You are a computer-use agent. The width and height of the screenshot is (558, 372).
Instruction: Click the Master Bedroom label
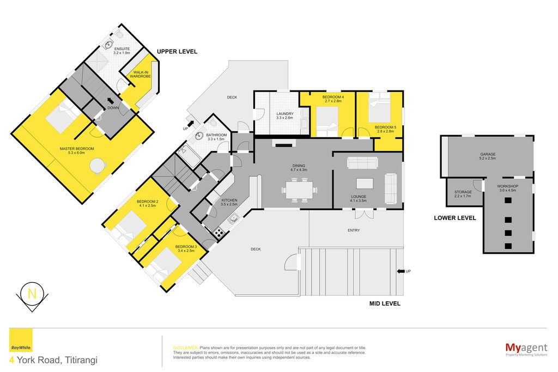[77, 150]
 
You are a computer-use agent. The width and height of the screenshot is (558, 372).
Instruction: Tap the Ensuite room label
[122, 51]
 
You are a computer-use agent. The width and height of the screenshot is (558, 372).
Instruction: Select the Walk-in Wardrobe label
[140, 74]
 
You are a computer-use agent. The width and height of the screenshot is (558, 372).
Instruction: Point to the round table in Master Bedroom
[98, 166]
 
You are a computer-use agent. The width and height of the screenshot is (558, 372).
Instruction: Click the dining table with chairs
[299, 190]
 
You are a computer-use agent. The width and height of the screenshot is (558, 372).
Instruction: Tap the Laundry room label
[284, 115]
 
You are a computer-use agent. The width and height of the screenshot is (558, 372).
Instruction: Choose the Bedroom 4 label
[333, 99]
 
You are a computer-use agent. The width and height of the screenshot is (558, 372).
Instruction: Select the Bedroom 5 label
[385, 129]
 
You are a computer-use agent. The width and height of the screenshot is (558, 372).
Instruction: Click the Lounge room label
[359, 198]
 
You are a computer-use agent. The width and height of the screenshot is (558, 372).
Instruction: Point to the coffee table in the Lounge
[365, 184]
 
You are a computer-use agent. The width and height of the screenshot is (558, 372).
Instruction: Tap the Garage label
[488, 156]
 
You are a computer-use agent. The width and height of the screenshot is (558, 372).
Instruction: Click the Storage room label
[463, 194]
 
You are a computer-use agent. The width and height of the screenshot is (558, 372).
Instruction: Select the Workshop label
[508, 188]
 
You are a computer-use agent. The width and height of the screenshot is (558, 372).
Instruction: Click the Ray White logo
[21, 340]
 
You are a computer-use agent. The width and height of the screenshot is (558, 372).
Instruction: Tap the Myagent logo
[526, 349]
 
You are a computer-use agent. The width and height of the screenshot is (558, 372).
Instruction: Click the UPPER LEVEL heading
[177, 52]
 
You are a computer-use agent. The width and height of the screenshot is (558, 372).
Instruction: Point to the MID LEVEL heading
[385, 304]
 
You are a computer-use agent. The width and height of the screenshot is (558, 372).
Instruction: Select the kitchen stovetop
[219, 233]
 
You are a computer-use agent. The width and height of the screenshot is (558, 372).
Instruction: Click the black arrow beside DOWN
[111, 101]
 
